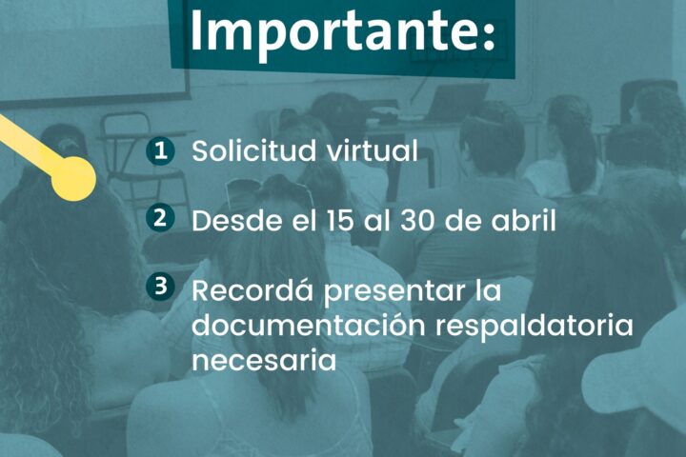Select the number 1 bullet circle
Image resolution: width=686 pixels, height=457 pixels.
[x=161, y=150]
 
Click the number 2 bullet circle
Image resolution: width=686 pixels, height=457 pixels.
[x=161, y=217]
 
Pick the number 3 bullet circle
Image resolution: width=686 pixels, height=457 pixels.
[x=161, y=287]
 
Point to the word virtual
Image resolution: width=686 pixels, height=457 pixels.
[x=373, y=150]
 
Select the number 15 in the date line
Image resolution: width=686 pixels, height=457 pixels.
[x=340, y=221]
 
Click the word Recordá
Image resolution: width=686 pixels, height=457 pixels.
[x=252, y=289]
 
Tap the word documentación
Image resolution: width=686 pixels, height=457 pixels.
[x=308, y=326]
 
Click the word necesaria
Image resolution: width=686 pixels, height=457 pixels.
[x=264, y=361]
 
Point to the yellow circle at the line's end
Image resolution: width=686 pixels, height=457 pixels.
[x=73, y=179]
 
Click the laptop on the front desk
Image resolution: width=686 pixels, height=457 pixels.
[x=458, y=102]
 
